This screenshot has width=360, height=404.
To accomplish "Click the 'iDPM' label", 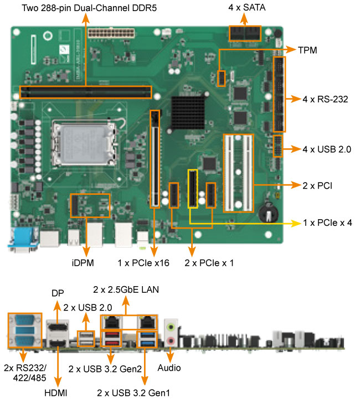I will tap(86, 263).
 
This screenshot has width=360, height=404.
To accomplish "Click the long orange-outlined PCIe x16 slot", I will tap(155, 158).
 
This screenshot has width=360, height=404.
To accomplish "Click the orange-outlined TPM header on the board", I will tap(222, 78).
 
